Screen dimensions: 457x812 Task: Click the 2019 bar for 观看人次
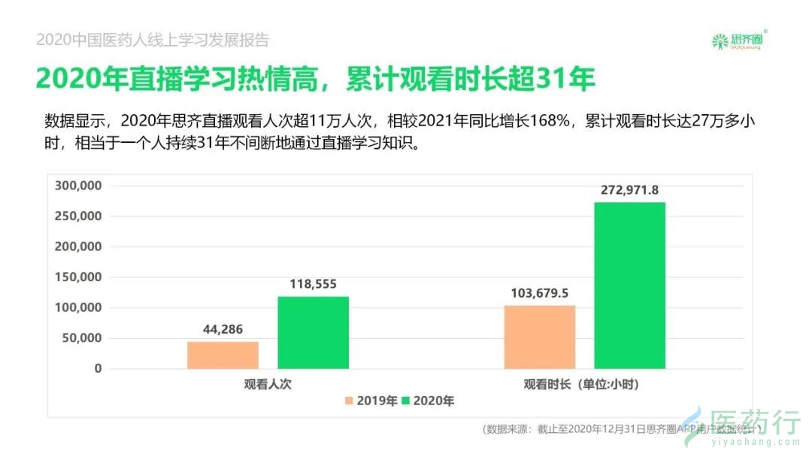coord(223,355)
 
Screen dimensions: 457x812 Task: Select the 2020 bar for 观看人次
coord(313,332)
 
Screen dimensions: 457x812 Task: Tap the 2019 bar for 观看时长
coord(540,337)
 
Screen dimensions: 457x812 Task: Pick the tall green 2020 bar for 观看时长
coord(629,286)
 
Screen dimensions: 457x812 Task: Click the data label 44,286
coord(223,329)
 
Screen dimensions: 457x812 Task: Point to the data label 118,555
coord(313,284)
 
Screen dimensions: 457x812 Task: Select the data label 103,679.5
coord(540,293)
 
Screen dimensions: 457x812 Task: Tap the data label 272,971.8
coord(629,190)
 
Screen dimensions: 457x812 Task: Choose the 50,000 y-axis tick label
coord(78,338)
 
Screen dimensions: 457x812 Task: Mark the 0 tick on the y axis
coord(97,369)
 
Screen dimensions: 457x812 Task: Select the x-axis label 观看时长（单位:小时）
coord(584,384)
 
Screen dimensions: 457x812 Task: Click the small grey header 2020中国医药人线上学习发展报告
coord(153,41)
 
